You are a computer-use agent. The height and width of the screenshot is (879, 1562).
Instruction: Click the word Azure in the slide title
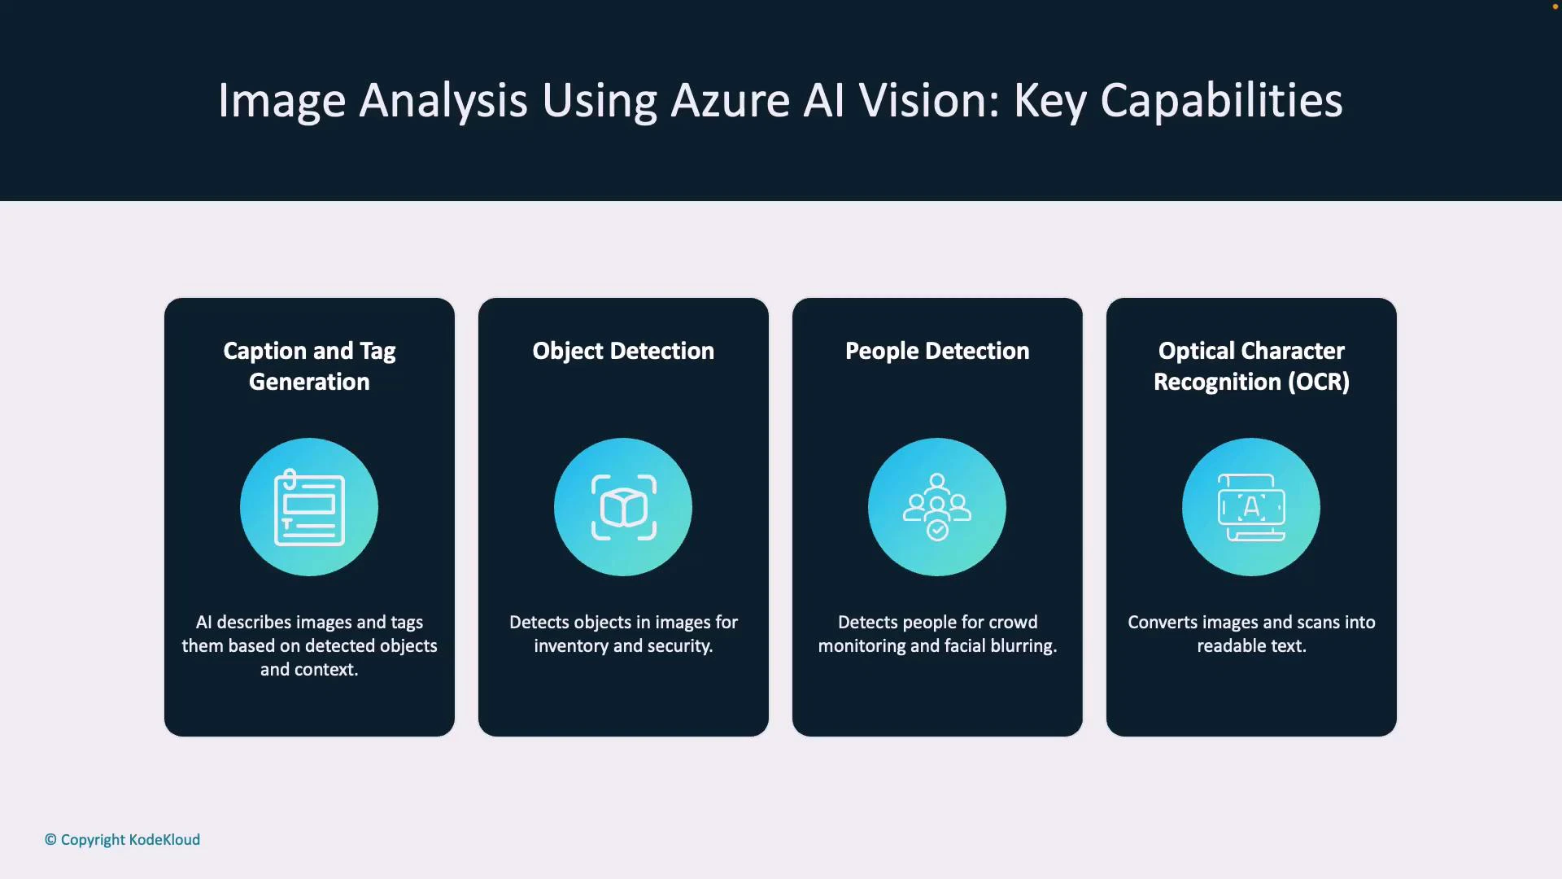coord(730,101)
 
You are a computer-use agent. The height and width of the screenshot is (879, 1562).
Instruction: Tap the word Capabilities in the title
coord(1221,101)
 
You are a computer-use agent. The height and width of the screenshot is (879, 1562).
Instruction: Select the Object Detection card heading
coord(623,351)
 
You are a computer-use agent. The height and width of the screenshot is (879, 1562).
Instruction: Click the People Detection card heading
coord(937,351)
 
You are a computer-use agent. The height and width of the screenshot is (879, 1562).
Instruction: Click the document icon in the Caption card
coord(309,508)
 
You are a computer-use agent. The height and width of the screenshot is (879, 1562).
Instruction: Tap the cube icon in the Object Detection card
coord(623,508)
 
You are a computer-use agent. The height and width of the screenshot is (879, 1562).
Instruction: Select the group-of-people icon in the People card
coord(937,501)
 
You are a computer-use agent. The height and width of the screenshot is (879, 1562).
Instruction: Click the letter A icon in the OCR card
coord(1251,507)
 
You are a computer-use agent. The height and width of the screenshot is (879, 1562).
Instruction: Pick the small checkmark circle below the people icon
coord(937,531)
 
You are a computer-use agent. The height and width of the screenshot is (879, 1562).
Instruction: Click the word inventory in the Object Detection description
coord(570,646)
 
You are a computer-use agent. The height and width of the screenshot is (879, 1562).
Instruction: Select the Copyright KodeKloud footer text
coord(130,840)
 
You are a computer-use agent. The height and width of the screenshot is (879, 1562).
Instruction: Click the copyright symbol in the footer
coord(50,840)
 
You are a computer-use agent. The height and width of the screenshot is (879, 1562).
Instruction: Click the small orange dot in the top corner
coord(1555,7)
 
